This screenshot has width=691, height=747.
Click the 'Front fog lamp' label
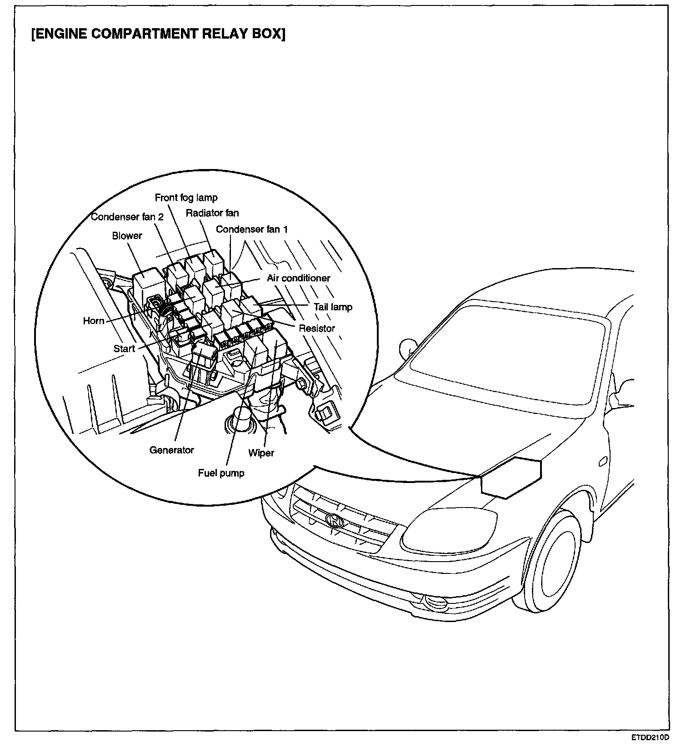tap(186, 198)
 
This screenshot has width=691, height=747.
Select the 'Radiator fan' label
tap(212, 213)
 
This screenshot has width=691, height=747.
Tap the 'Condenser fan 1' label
tap(251, 229)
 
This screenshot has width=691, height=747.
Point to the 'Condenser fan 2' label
tap(127, 217)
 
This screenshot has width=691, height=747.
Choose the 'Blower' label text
tap(127, 236)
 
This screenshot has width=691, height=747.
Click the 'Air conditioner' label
tap(298, 278)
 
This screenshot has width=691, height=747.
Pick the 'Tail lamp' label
tap(333, 307)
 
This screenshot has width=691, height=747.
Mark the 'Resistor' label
tap(317, 329)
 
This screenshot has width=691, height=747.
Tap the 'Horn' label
tap(94, 321)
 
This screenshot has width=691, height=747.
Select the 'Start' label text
tap(124, 349)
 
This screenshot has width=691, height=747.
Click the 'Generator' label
tap(171, 450)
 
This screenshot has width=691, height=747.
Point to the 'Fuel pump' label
tap(221, 473)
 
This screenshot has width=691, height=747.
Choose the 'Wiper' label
tap(261, 453)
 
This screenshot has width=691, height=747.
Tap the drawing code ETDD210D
tap(650, 737)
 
